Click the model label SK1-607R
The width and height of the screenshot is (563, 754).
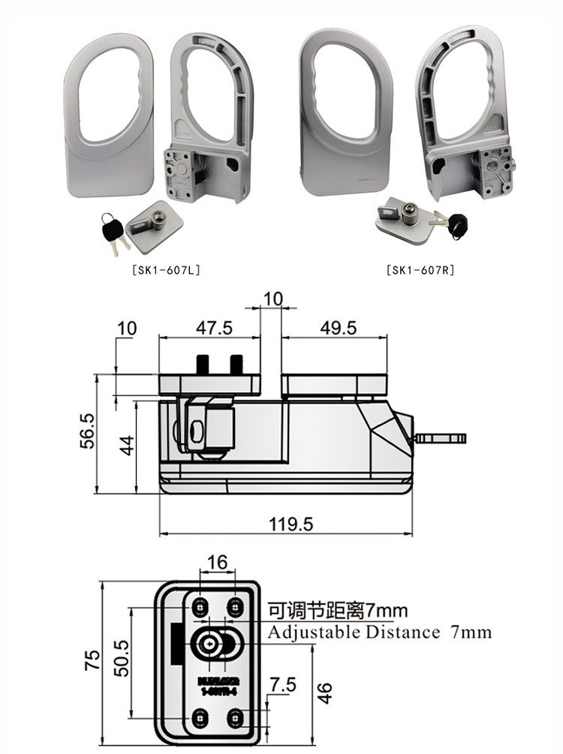(x=420, y=269)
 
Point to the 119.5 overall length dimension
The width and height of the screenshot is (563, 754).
(x=291, y=524)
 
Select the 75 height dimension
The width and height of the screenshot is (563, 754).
(x=92, y=659)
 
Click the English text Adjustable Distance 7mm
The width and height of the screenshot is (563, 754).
(x=380, y=632)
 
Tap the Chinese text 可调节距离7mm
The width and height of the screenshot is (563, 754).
(x=334, y=611)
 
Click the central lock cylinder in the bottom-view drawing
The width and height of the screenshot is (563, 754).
(x=216, y=643)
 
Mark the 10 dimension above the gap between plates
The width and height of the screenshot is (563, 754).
(x=272, y=299)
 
